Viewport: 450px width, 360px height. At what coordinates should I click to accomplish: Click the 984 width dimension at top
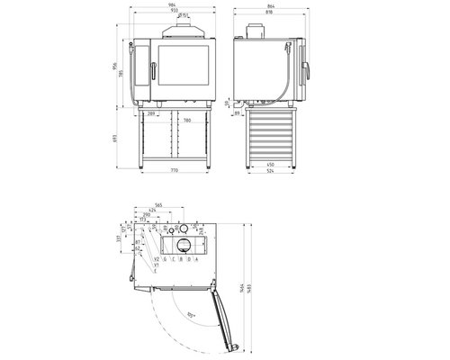[171, 4]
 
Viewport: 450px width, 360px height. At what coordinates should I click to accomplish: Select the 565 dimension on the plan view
[157, 206]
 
